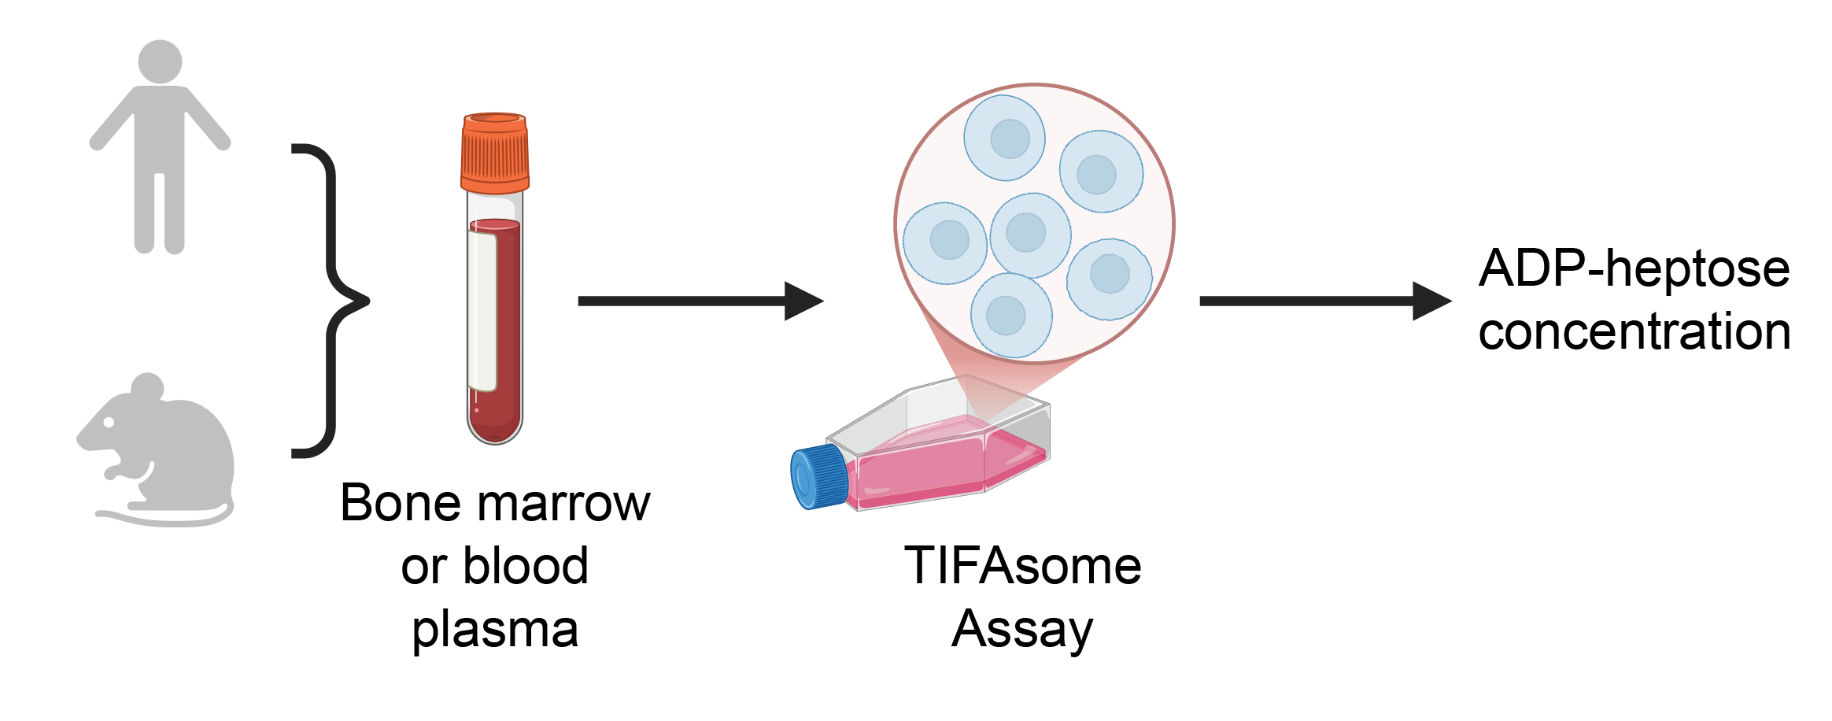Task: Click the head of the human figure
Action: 160,61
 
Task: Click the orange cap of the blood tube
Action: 495,153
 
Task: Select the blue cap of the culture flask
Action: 819,476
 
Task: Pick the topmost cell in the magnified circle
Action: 1005,139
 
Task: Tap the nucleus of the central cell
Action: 1025,232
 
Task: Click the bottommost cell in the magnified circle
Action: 1011,316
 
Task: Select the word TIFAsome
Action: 1022,566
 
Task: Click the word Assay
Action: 1022,629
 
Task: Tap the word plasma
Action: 495,630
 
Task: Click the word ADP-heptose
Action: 1634,269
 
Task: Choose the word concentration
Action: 1634,331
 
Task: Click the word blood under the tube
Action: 525,566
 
